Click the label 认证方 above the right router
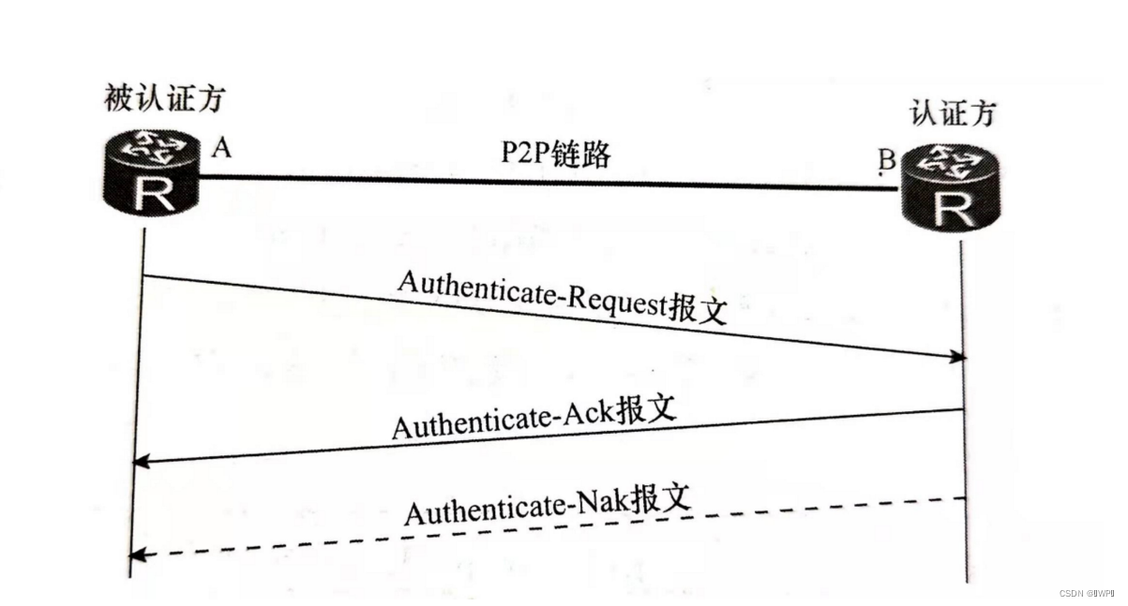coord(953,113)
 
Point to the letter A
coord(221,147)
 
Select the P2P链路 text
coord(554,155)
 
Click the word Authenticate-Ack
coord(502,421)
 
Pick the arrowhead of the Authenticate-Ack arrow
coord(141,460)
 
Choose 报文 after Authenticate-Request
coord(698,309)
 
